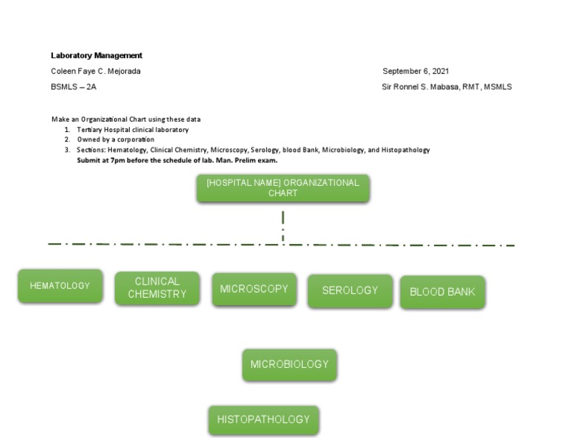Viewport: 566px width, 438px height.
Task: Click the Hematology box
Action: click(x=60, y=286)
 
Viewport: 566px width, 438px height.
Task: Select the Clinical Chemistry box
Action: click(x=157, y=288)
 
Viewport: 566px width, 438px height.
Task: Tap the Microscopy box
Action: click(x=254, y=289)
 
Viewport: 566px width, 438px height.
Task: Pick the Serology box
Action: click(x=349, y=291)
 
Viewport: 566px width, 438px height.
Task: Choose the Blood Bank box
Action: click(x=442, y=292)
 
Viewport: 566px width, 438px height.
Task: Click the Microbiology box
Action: click(x=289, y=364)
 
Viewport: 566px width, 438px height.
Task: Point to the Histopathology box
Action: click(x=263, y=420)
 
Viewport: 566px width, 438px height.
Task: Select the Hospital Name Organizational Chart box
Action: click(x=282, y=188)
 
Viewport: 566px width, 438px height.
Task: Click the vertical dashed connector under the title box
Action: click(x=283, y=226)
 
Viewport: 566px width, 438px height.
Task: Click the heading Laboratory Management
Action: click(x=97, y=55)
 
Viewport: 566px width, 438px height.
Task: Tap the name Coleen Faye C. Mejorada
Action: click(x=96, y=72)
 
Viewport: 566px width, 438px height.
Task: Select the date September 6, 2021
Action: click(x=416, y=72)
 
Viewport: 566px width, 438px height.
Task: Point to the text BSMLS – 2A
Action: click(x=74, y=87)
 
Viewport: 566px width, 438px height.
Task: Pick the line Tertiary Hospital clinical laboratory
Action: click(x=133, y=130)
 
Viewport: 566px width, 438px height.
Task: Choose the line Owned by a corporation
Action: click(x=116, y=139)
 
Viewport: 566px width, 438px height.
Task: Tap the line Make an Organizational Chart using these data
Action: click(x=126, y=119)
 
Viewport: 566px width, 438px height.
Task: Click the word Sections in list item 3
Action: click(x=91, y=150)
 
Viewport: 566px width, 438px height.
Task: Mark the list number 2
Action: click(x=67, y=139)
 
